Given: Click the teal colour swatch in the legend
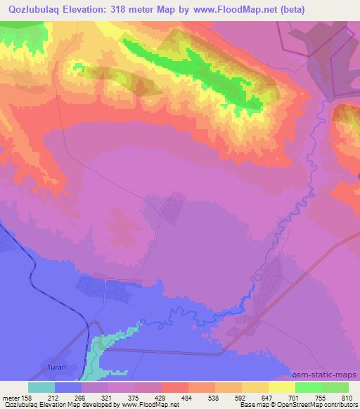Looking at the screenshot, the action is click(41, 387).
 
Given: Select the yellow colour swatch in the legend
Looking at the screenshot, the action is click(282, 387).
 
